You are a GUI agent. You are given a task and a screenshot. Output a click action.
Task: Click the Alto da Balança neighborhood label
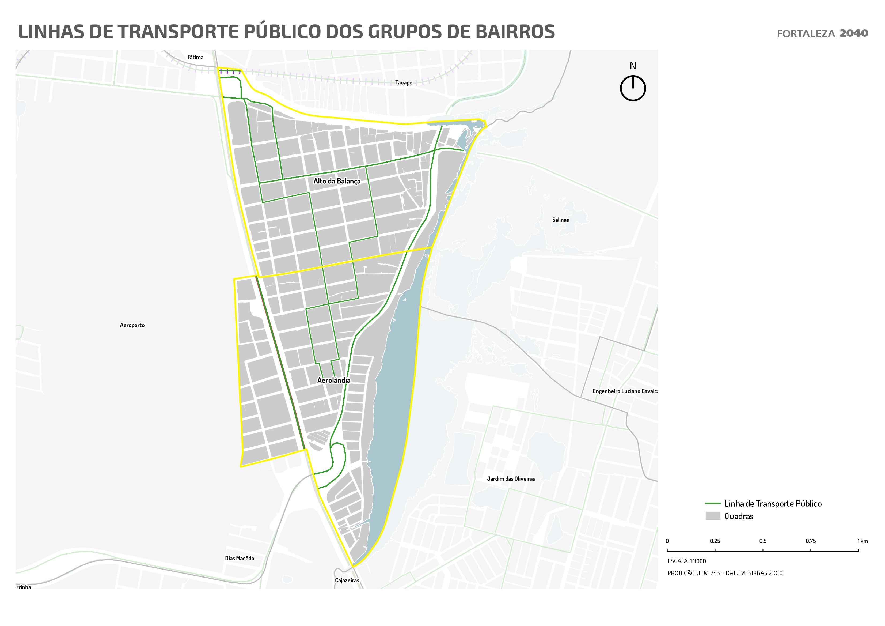337,181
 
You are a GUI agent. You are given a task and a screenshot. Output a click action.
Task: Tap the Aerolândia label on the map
334,380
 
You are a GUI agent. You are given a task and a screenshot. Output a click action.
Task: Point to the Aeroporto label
132,325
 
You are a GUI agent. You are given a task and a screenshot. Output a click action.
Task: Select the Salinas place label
560,220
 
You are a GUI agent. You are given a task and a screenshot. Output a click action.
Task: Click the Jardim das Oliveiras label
511,479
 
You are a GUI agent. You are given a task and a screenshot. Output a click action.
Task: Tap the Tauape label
404,82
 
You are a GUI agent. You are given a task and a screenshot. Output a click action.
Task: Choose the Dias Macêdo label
239,558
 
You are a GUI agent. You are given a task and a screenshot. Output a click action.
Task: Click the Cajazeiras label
347,580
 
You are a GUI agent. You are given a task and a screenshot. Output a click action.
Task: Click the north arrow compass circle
633,88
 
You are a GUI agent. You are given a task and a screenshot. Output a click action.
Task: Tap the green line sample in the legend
713,503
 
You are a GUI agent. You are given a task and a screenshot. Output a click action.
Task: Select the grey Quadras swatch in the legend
713,516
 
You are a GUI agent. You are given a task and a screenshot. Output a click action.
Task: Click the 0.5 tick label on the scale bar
763,541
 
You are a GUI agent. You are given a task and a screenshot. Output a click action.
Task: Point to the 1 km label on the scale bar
863,541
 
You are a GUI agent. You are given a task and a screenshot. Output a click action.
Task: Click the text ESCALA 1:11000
686,561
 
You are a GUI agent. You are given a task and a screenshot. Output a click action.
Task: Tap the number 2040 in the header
854,33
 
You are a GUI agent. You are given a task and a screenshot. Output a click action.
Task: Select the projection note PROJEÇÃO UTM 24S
725,573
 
